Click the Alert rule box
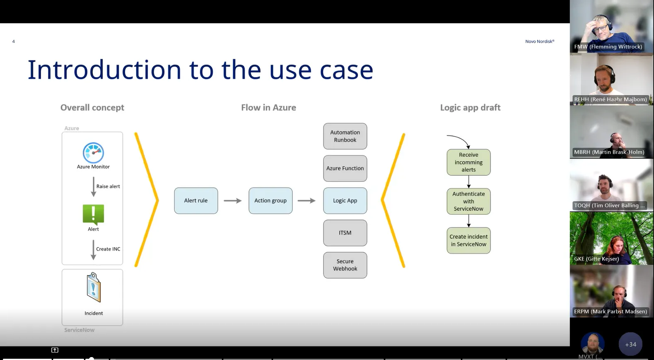(x=196, y=201)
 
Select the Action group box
(x=270, y=201)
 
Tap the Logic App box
(x=345, y=201)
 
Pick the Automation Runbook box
(x=345, y=136)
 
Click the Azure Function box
(x=345, y=168)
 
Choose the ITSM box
(x=345, y=233)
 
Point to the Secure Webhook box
(x=345, y=265)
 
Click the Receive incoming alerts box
(x=468, y=162)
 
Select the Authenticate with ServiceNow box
(x=468, y=201)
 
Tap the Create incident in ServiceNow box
(x=468, y=240)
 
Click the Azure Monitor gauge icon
(x=93, y=153)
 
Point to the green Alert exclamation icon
(x=93, y=215)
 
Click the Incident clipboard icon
(x=94, y=287)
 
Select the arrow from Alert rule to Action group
(x=233, y=201)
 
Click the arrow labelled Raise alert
(x=94, y=186)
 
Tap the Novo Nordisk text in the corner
(x=539, y=41)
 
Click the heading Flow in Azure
(x=268, y=108)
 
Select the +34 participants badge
(x=630, y=344)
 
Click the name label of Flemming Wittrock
(x=608, y=47)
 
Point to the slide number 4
(x=14, y=41)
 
